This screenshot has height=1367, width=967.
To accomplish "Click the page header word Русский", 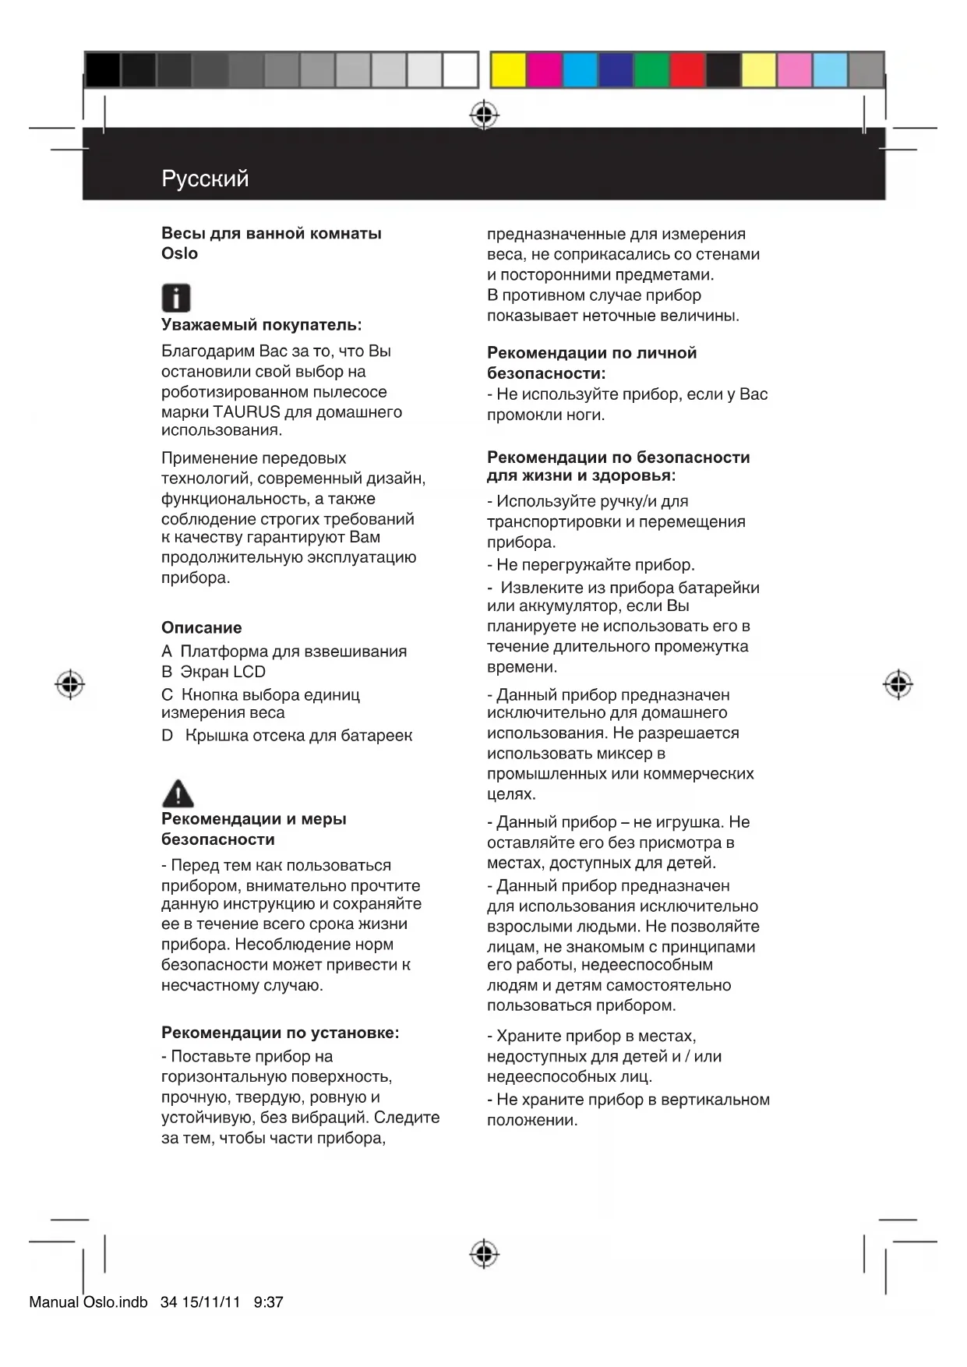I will [x=205, y=178].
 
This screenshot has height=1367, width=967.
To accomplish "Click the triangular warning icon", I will [x=178, y=793].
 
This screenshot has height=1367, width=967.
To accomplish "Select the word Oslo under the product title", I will [x=179, y=254].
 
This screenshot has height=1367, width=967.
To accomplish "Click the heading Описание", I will [x=201, y=627].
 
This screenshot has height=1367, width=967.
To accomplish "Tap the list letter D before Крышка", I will [x=167, y=736].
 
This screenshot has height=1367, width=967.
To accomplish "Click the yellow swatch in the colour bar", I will [x=508, y=70].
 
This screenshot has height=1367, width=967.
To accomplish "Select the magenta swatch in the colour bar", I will [x=544, y=70].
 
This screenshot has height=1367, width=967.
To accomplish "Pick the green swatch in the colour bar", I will [x=651, y=70].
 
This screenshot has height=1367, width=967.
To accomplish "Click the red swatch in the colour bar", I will [x=687, y=70].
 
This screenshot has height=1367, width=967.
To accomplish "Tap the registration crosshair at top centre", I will [x=484, y=115].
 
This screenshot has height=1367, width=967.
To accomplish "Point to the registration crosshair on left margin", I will [x=70, y=684].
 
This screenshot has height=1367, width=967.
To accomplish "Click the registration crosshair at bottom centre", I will [x=484, y=1254].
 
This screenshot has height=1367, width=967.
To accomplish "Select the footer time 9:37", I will [x=269, y=1302].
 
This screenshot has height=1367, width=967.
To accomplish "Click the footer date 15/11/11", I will [x=211, y=1302].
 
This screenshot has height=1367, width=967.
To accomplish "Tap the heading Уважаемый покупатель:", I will [x=261, y=325].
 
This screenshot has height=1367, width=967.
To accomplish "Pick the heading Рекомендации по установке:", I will [x=280, y=1033].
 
